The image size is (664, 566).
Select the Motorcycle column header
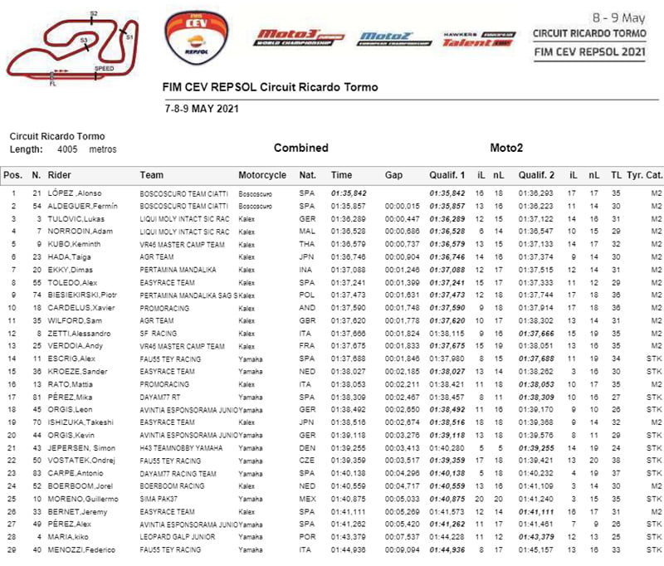[x=262, y=175]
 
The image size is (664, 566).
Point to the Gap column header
[x=393, y=175]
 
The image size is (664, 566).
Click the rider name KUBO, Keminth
[x=75, y=244]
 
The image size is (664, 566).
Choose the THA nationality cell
[x=306, y=244]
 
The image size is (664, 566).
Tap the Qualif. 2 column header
[x=536, y=175]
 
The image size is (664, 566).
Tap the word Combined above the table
[x=300, y=148]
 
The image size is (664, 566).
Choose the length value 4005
[x=68, y=149]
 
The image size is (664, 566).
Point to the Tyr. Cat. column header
[x=644, y=175]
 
